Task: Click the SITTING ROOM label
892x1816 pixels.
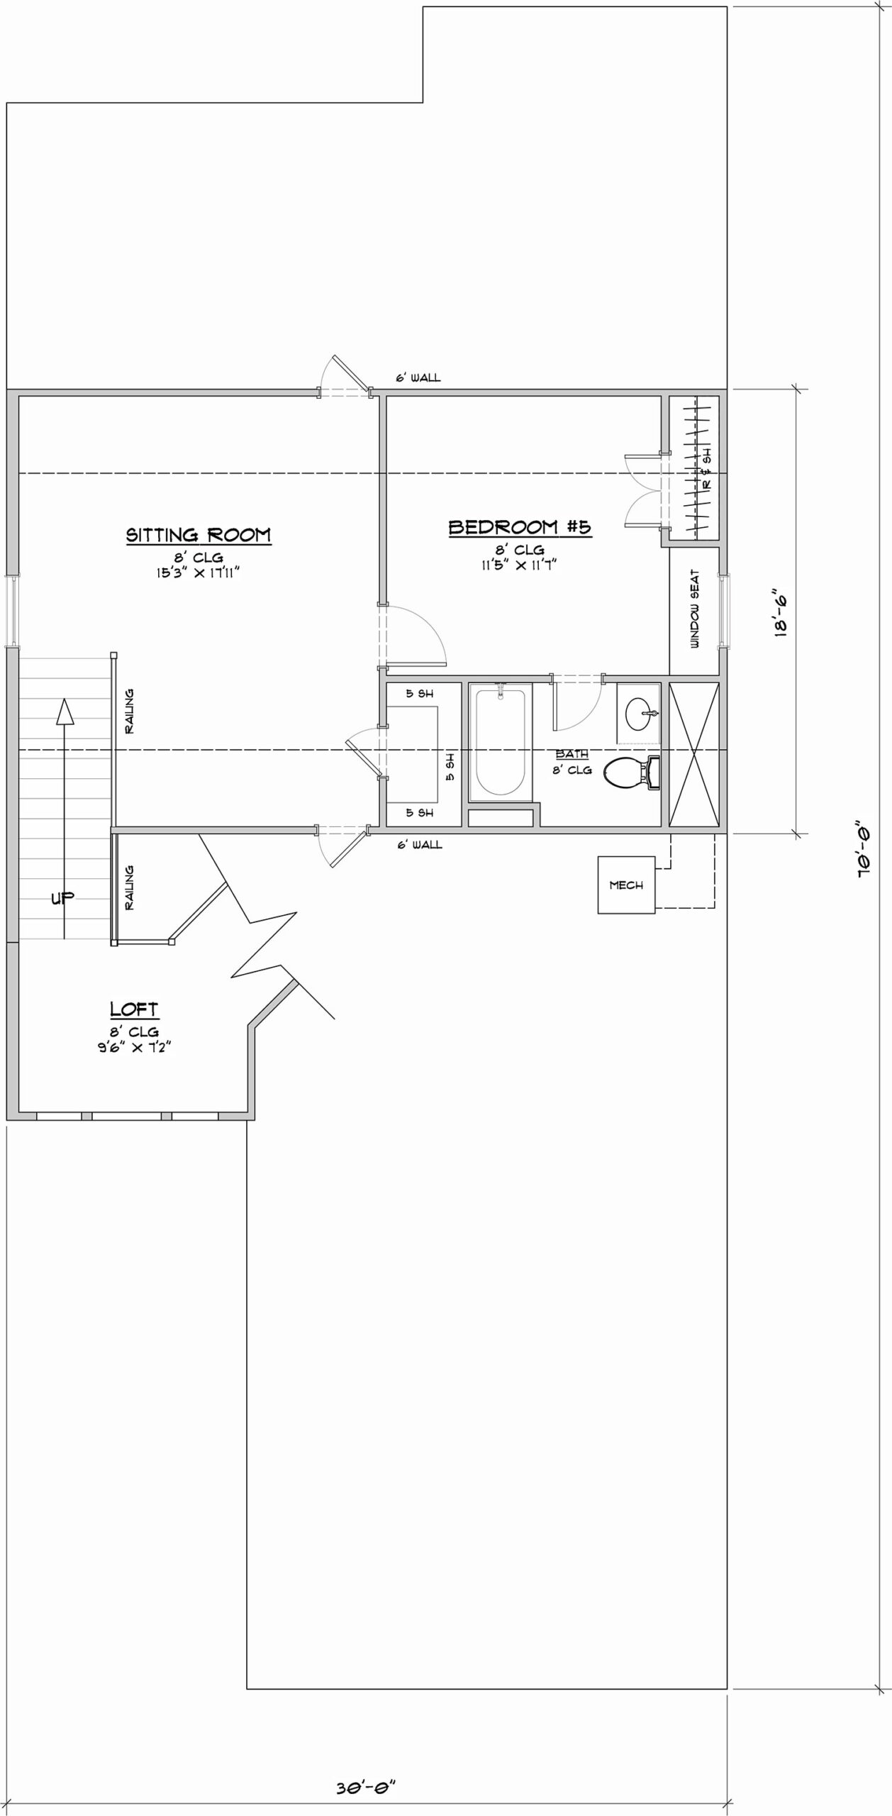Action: coord(199,534)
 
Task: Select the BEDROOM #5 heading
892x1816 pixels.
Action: coord(520,527)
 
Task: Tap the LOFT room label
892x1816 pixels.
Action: coord(134,1009)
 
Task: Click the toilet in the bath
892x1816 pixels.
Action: coord(631,773)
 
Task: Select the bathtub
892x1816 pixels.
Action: coord(501,741)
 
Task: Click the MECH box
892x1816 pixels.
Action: coord(626,885)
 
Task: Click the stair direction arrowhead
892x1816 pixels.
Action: coord(65,711)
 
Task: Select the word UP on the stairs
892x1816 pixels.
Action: coord(62,898)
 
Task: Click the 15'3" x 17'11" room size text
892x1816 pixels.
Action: coord(199,572)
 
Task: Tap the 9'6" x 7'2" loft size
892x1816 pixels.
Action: coord(135,1047)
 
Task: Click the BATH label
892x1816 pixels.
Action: coord(572,754)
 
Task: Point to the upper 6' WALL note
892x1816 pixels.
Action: coord(418,378)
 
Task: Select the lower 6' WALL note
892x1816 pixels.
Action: coord(419,845)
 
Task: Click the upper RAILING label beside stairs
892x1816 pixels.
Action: coord(129,711)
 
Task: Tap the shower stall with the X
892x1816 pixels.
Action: coord(694,755)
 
